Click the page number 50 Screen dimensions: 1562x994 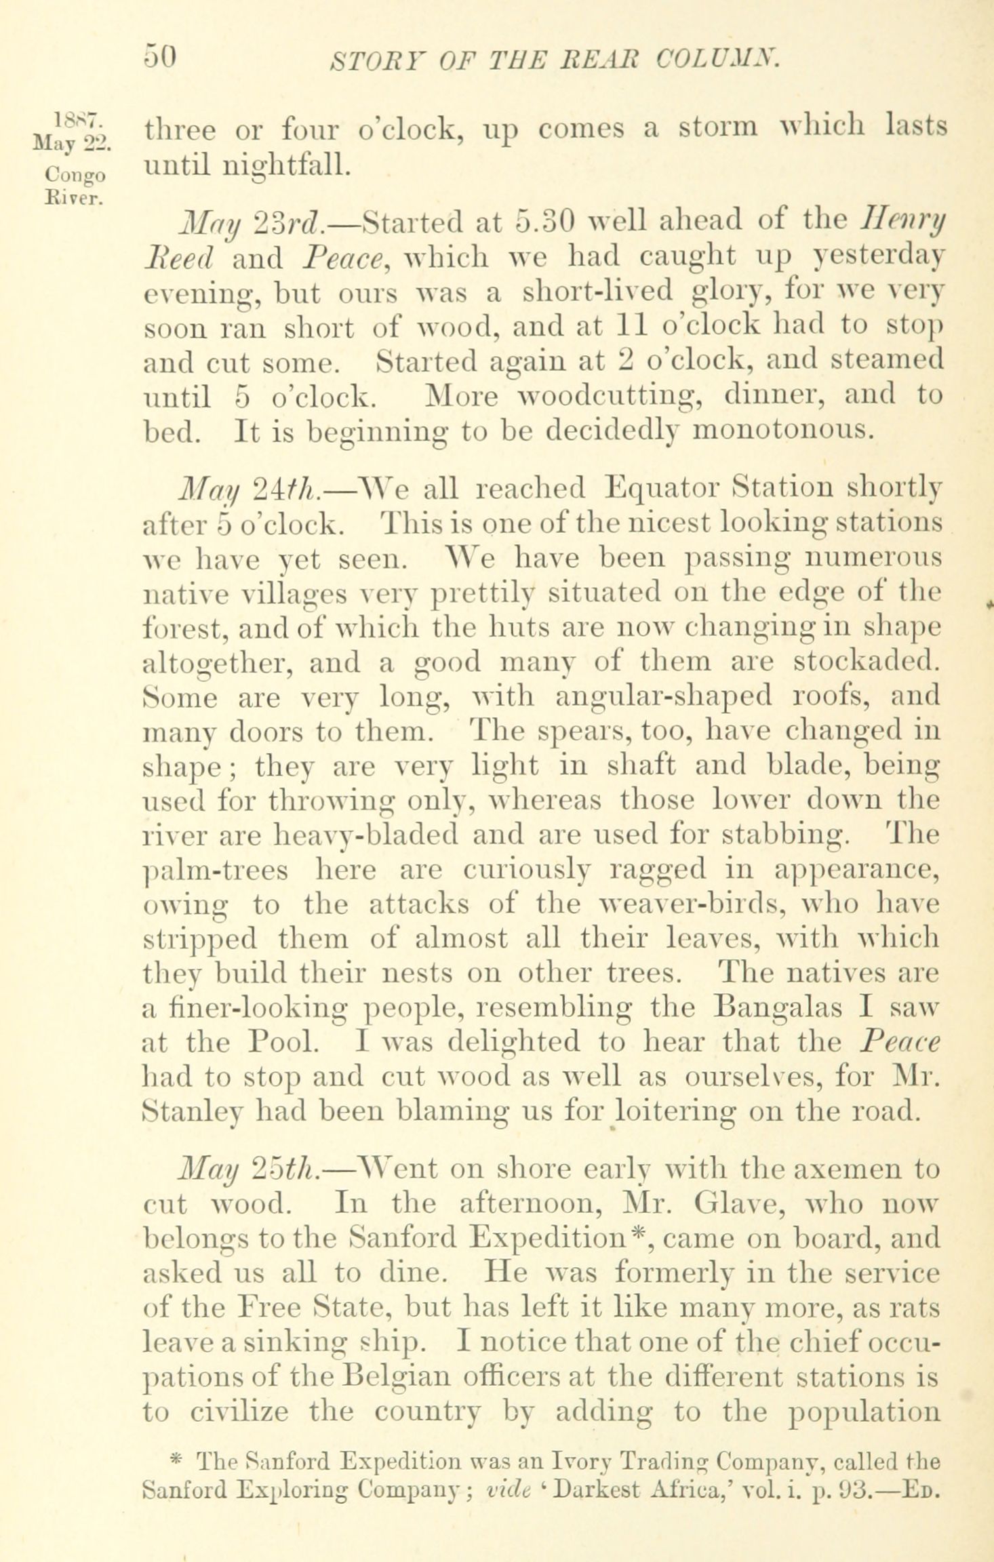coord(160,57)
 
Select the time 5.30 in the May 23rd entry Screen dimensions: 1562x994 coord(546,222)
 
